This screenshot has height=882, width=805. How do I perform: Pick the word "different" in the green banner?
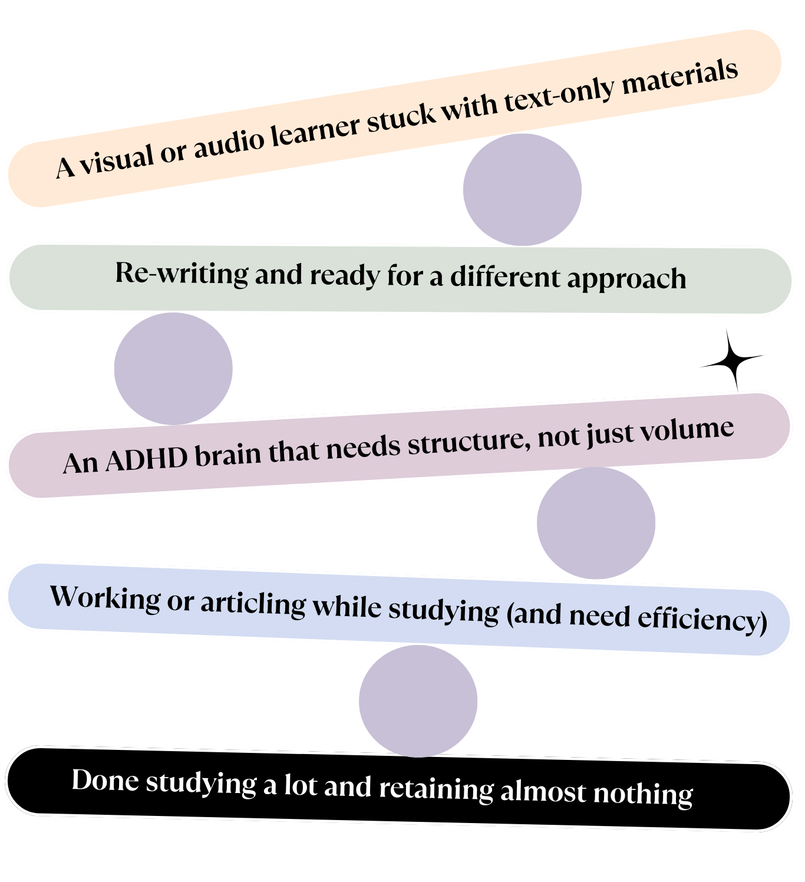point(504,277)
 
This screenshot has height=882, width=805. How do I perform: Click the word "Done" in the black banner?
point(105,780)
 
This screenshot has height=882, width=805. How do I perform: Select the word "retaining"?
point(436,789)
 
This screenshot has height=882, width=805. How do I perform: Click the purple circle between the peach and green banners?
point(522,189)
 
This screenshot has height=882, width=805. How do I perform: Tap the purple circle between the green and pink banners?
point(174,368)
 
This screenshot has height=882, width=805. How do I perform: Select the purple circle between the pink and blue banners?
point(596,522)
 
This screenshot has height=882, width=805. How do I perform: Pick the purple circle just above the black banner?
point(418,701)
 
